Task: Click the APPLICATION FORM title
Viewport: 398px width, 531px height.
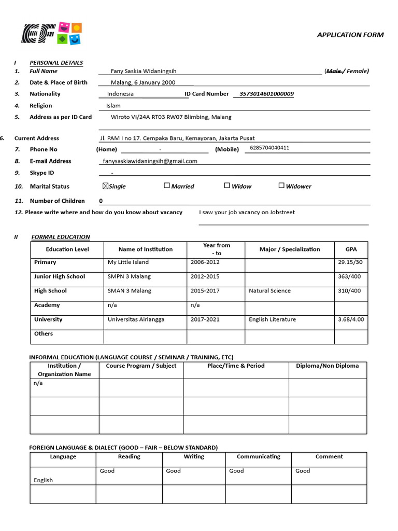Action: point(350,35)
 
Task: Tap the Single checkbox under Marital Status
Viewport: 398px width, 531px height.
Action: point(106,186)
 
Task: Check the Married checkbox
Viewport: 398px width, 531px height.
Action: point(167,186)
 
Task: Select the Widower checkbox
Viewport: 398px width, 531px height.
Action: point(281,186)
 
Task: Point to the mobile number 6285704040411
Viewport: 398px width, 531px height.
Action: point(269,148)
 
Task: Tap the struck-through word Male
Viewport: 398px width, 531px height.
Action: point(334,72)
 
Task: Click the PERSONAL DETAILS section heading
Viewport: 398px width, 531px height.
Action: point(56,63)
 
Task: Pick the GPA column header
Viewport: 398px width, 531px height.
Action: point(351,249)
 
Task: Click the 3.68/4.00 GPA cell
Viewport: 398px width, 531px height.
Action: point(351,319)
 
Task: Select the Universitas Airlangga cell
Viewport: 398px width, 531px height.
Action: point(136,319)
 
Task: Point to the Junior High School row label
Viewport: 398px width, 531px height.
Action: point(60,276)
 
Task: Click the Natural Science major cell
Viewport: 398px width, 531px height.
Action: point(269,291)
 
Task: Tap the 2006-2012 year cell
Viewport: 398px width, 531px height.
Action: point(205,262)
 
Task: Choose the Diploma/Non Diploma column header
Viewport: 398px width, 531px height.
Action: point(327,366)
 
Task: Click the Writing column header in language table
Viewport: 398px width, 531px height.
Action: point(194,457)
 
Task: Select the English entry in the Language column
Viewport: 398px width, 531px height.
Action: point(44,480)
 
